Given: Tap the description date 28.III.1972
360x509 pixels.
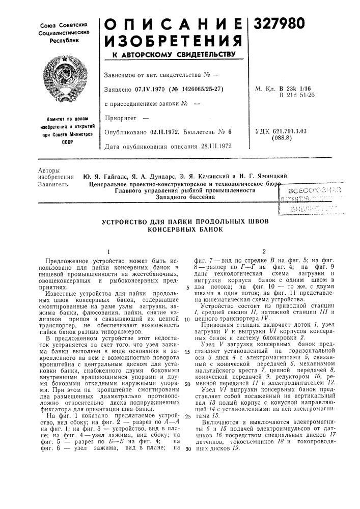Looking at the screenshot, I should (x=208, y=146).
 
